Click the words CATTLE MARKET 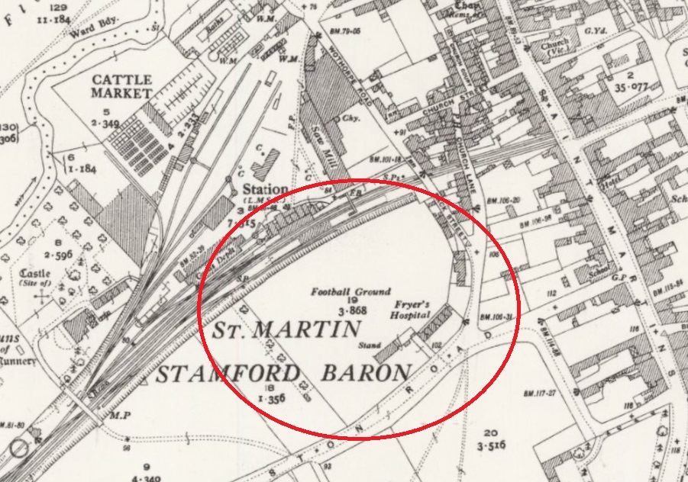click(122, 85)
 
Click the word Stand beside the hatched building click(371, 345)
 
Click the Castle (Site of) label click(35, 278)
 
